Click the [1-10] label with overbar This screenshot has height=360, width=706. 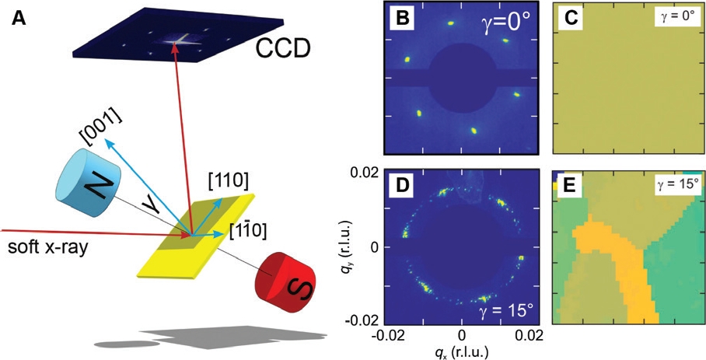[250, 231]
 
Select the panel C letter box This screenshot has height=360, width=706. [570, 19]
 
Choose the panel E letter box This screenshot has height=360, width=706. [570, 187]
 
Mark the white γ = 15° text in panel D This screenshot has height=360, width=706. [500, 311]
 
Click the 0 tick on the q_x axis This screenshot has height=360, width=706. [463, 335]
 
